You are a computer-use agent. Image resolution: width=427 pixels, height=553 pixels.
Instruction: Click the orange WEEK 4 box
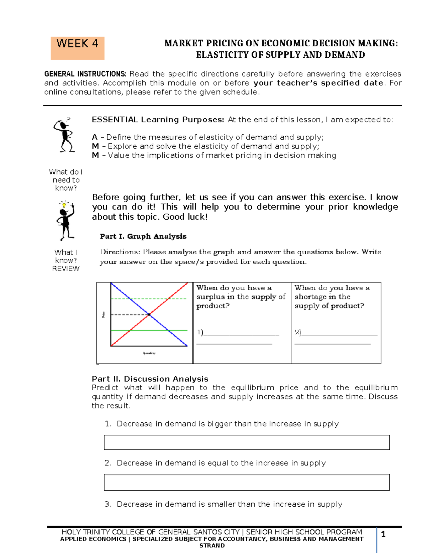point(77,48)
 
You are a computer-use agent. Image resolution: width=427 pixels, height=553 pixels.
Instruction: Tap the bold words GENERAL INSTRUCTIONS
point(85,74)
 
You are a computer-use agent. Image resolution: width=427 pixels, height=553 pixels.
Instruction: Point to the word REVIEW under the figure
point(66,269)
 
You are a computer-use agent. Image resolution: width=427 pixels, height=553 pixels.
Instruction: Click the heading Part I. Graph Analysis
point(143,236)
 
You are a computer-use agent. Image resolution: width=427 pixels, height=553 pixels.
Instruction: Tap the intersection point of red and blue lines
point(149,314)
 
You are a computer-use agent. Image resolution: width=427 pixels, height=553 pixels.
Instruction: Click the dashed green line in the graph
point(167,299)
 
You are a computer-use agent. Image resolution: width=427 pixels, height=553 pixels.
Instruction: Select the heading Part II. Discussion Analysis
point(150,379)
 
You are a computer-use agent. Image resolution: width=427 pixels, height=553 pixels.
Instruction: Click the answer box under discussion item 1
point(247,442)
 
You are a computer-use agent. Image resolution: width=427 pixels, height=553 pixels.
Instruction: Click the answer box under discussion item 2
point(247,482)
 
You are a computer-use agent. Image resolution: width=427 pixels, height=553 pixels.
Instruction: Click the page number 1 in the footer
point(383,534)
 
